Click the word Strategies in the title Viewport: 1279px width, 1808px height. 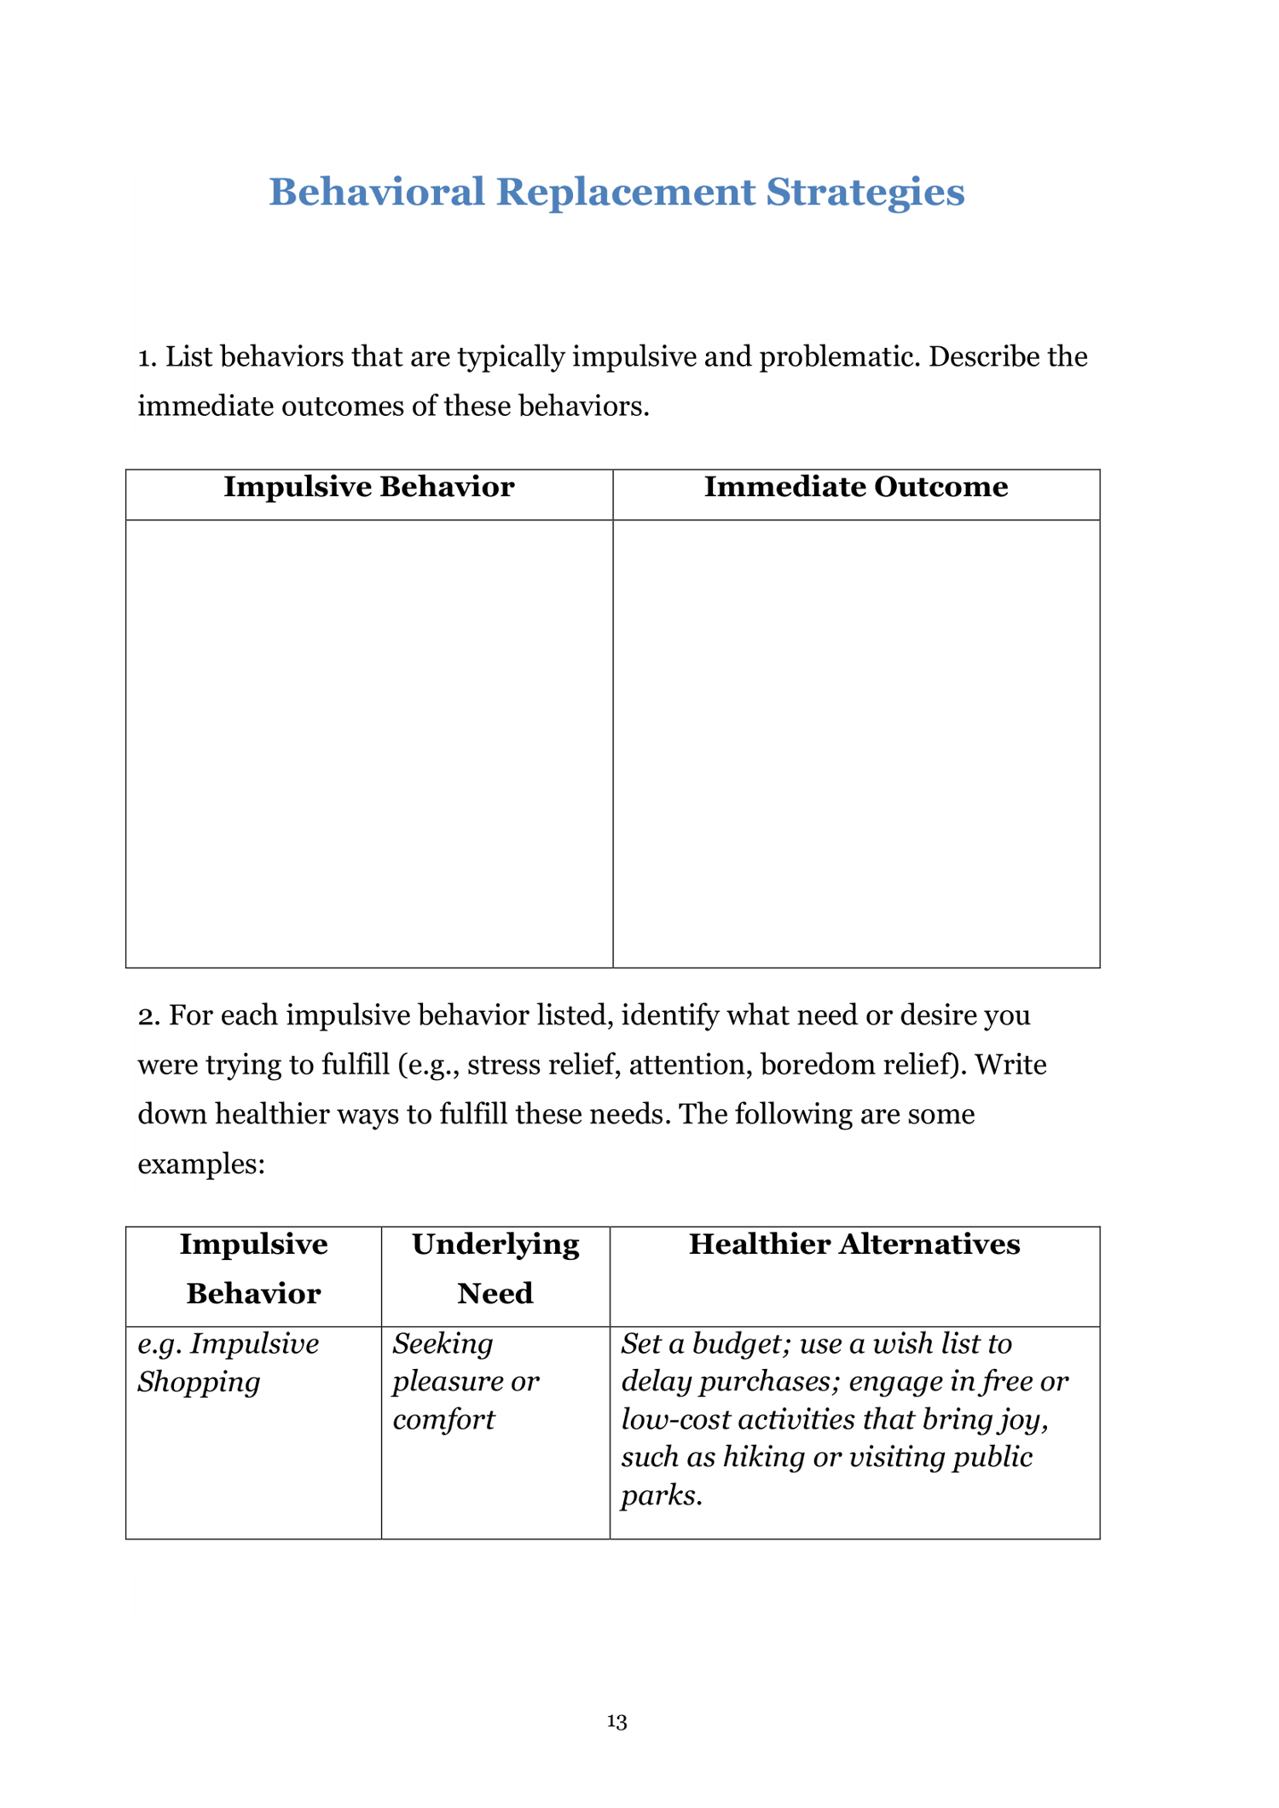tap(865, 192)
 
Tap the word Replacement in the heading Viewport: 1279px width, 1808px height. tap(625, 192)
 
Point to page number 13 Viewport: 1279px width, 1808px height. tap(617, 1721)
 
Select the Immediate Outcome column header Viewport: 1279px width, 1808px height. tap(856, 487)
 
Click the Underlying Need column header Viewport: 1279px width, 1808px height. tap(495, 1268)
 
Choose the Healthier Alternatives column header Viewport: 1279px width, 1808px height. tap(854, 1244)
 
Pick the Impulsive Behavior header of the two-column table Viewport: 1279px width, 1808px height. tap(368, 487)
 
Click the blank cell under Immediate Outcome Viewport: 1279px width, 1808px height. tap(856, 742)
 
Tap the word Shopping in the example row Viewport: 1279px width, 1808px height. tap(199, 1382)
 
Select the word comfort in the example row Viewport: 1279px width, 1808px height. tap(443, 1419)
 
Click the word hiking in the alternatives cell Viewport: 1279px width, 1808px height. tap(763, 1457)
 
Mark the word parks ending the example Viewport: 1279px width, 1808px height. tap(661, 1495)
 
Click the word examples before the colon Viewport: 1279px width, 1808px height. tap(198, 1164)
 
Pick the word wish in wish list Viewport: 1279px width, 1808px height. tap(904, 1344)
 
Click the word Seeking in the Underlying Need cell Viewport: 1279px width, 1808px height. tap(443, 1344)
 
